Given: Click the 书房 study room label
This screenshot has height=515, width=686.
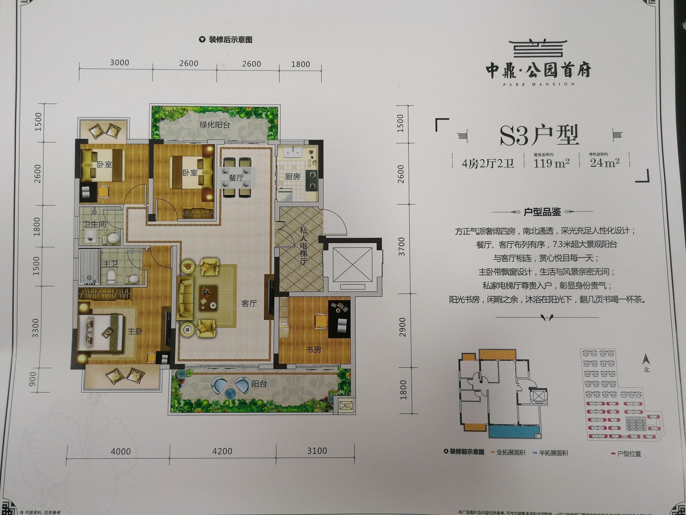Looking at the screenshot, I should point(314,350).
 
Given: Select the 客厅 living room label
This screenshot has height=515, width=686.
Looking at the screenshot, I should point(249,304).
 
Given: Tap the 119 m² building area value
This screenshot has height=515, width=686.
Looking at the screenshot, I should point(551,163).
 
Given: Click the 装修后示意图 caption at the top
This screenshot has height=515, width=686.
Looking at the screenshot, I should point(230,40).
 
